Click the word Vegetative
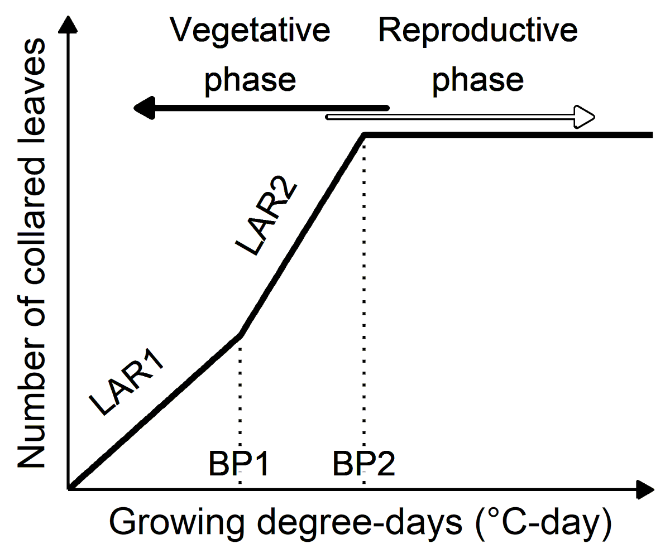tap(250, 31)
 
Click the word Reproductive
tap(477, 31)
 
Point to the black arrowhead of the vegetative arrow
tap(143, 107)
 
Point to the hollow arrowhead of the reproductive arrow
tap(585, 117)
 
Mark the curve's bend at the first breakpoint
tap(241, 334)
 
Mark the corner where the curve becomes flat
tap(365, 135)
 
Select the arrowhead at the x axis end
tap(645, 489)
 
